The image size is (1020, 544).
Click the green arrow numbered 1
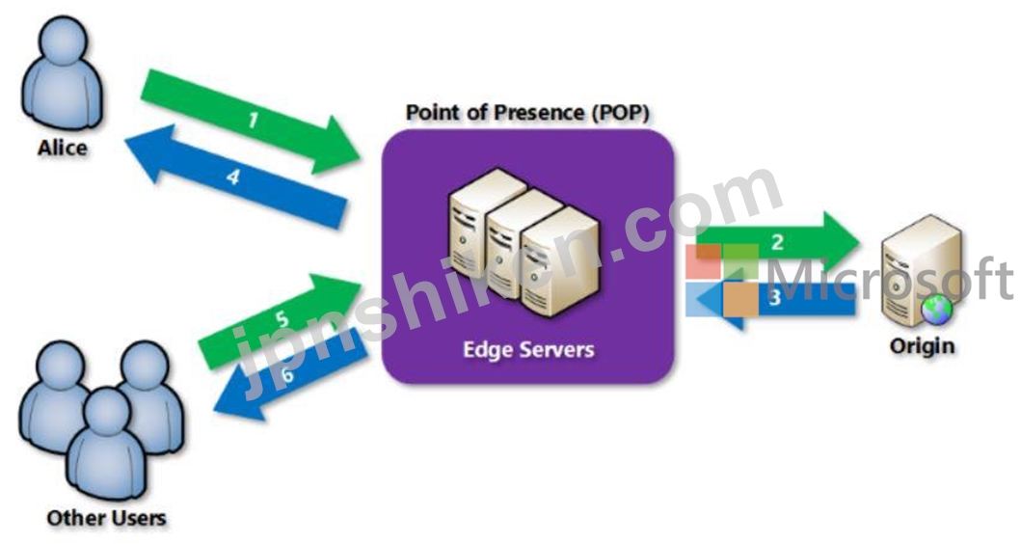click(251, 122)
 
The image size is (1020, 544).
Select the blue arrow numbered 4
click(235, 176)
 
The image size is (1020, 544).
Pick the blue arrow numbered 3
click(774, 299)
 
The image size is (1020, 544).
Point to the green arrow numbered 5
click(280, 321)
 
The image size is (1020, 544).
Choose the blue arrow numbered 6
click(290, 373)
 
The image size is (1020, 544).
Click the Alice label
click(63, 148)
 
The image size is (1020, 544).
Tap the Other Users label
click(106, 518)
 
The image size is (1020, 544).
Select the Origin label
click(922, 345)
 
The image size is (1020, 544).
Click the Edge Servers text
click(528, 349)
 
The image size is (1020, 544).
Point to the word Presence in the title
click(539, 112)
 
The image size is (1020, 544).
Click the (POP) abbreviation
click(621, 113)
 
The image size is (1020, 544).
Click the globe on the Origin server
click(936, 309)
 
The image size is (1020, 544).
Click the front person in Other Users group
click(107, 443)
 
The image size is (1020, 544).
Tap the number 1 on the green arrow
click(253, 120)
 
